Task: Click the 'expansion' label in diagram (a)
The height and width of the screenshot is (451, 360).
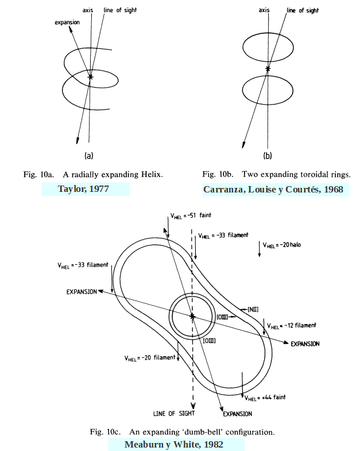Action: tap(67, 22)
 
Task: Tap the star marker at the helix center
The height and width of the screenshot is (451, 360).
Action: tap(90, 76)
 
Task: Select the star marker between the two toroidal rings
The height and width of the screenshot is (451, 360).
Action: tap(267, 69)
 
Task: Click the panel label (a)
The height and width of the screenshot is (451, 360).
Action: tap(89, 155)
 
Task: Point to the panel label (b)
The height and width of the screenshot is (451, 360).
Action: tap(268, 155)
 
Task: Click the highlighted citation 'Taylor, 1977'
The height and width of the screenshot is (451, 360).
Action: tap(86, 189)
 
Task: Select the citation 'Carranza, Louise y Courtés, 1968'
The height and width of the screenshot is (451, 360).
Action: tap(276, 190)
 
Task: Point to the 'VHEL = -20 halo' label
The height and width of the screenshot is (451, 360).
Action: tap(282, 245)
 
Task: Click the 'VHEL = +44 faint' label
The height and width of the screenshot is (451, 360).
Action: tap(265, 397)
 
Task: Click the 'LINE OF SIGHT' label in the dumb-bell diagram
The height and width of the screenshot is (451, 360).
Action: tap(174, 413)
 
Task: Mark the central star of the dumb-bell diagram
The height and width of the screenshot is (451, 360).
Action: tap(192, 316)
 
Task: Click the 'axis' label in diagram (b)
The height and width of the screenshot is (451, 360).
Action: tap(265, 10)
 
